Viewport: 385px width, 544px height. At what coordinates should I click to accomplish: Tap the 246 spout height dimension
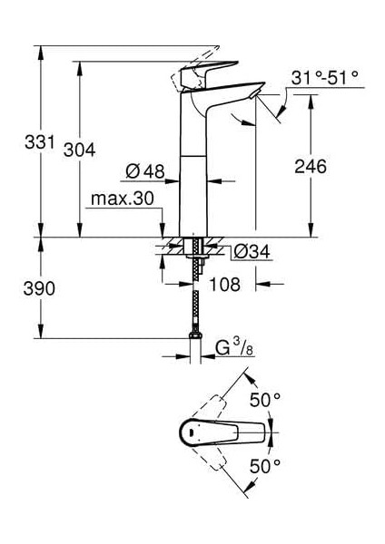coord(310,167)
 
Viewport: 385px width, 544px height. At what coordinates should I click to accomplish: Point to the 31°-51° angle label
coord(325,78)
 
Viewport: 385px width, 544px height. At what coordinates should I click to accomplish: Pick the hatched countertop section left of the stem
coord(172,245)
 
